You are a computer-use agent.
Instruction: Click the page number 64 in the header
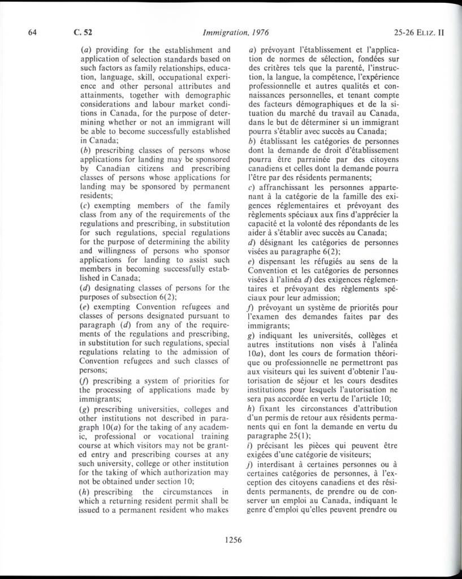tap(33, 32)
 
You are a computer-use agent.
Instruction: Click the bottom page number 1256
tap(233, 539)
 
